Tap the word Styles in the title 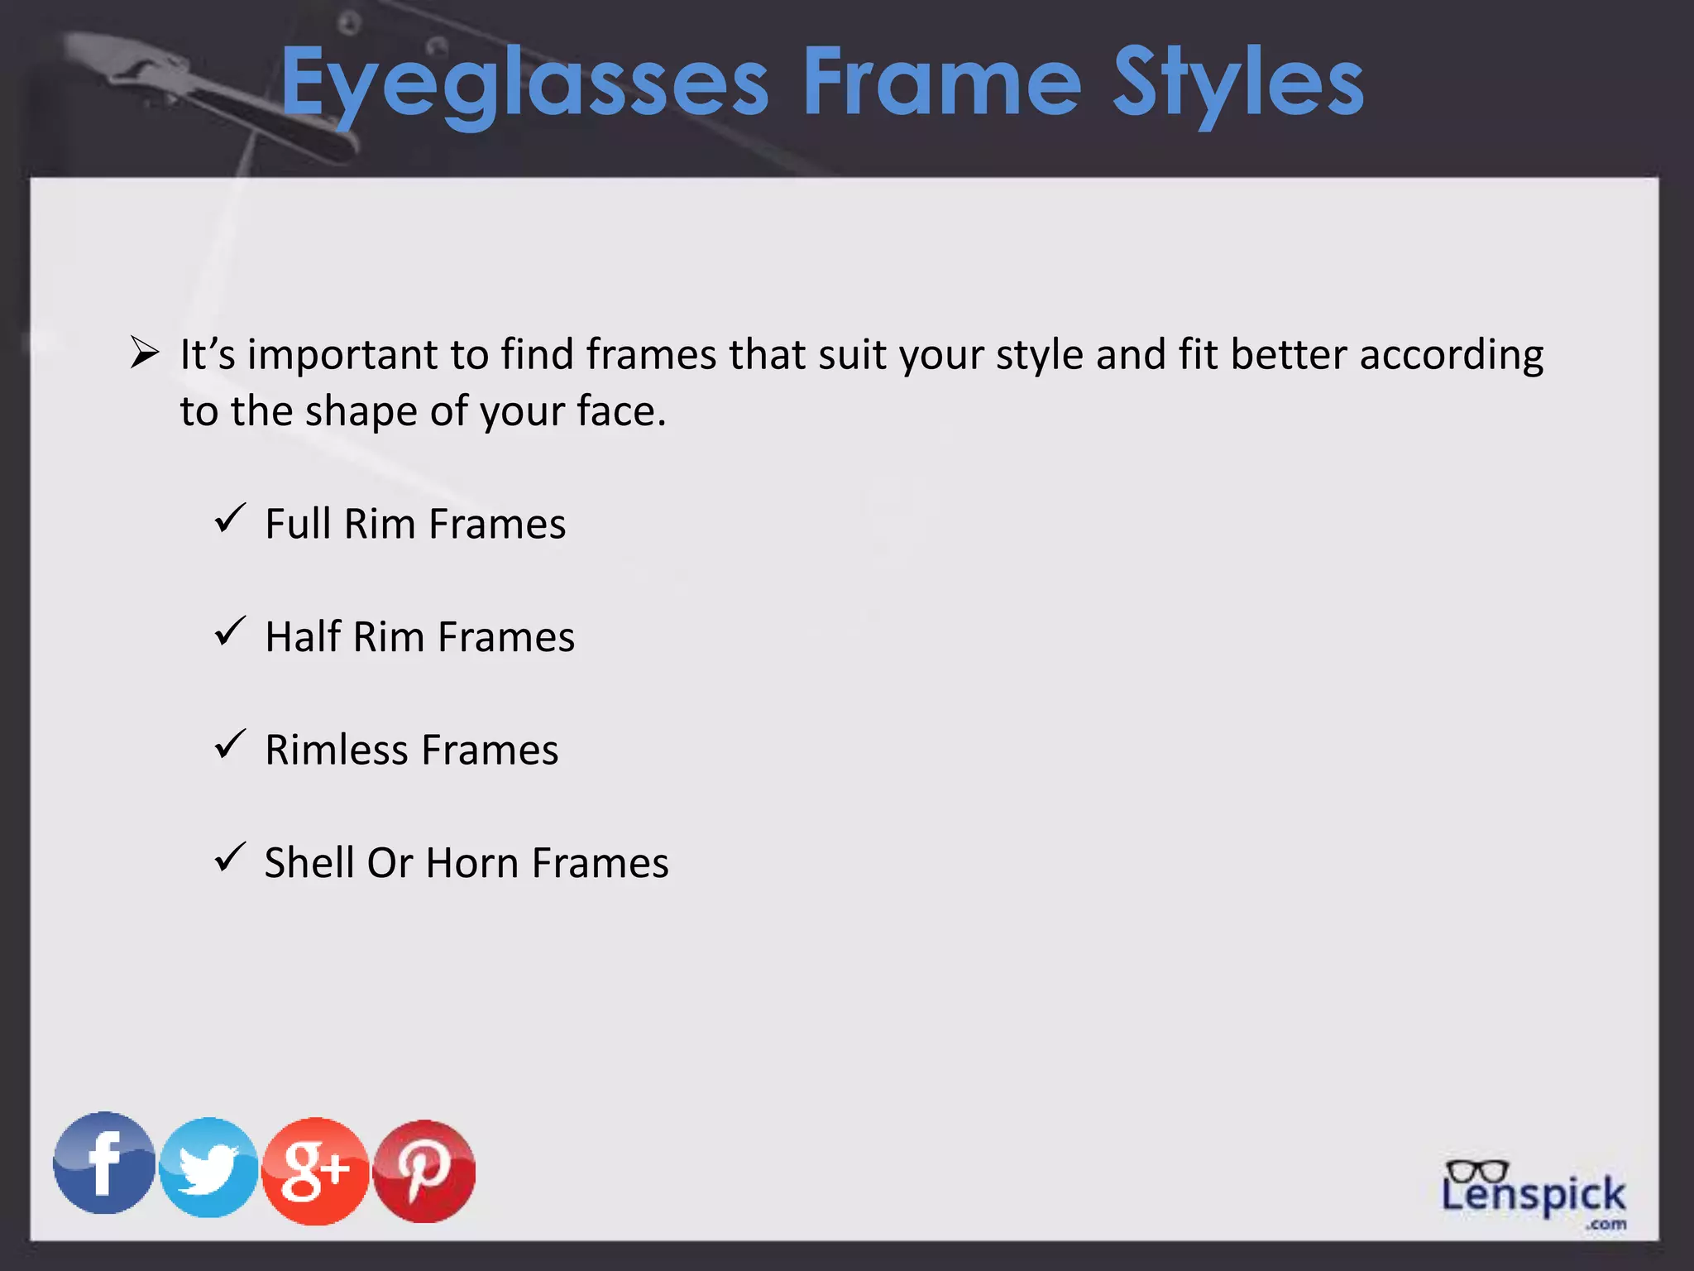pos(1237,83)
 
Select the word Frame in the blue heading pos(941,83)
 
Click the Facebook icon pos(104,1163)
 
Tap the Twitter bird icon pos(208,1168)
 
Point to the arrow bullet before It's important pos(145,353)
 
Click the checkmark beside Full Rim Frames pos(230,519)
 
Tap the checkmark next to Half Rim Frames pos(230,632)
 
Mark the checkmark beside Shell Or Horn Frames pos(230,858)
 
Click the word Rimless pos(336,750)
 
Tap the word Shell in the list pos(309,863)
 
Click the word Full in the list pos(298,524)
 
